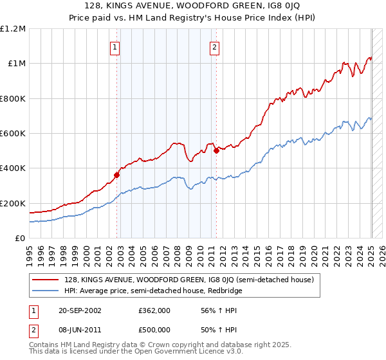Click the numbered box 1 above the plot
[x=115, y=46]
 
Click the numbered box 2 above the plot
[x=214, y=46]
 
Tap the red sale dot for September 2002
[x=117, y=174]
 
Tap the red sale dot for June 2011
[x=217, y=150]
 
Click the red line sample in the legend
[x=45, y=280]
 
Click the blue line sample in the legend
[x=45, y=291]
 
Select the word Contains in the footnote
[x=44, y=346]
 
